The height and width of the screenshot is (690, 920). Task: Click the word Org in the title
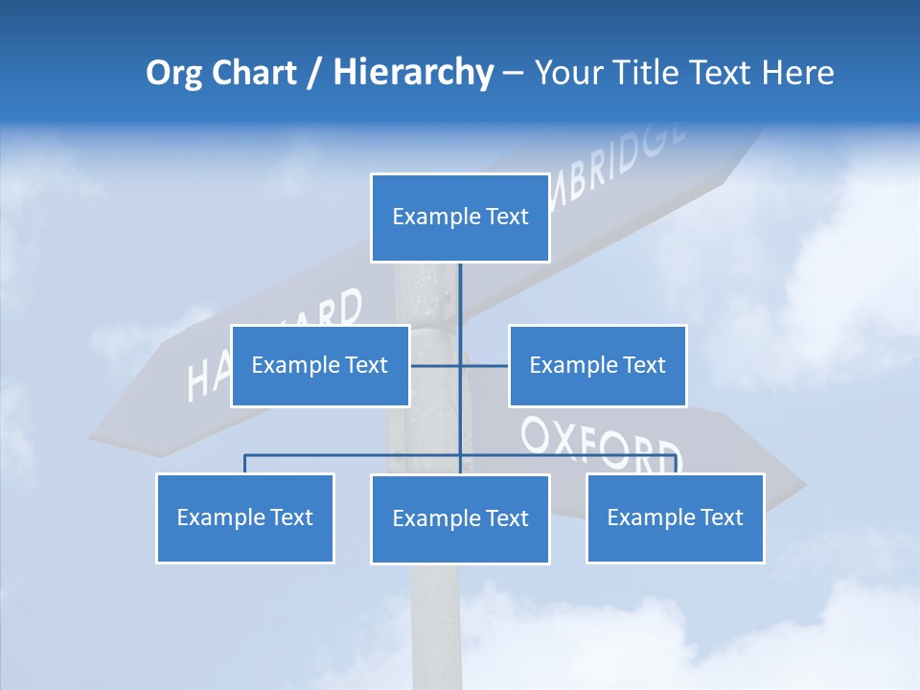[x=174, y=72]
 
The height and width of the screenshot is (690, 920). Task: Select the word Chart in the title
[x=251, y=72]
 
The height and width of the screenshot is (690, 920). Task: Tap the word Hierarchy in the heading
[x=412, y=72]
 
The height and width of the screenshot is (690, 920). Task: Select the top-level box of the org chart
[x=460, y=218]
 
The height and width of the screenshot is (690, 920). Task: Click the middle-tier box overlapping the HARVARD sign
[x=320, y=365]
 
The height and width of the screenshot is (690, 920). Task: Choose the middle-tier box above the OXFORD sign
[x=597, y=365]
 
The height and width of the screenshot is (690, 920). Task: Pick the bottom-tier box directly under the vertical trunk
[x=460, y=518]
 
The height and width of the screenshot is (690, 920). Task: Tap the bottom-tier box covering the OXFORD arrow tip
[x=675, y=517]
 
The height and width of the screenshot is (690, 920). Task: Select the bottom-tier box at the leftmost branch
[x=244, y=517]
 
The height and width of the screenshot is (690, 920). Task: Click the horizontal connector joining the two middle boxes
[x=484, y=365]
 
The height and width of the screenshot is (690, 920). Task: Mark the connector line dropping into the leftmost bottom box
[x=244, y=464]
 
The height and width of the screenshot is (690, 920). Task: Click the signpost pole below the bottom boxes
[x=436, y=623]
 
